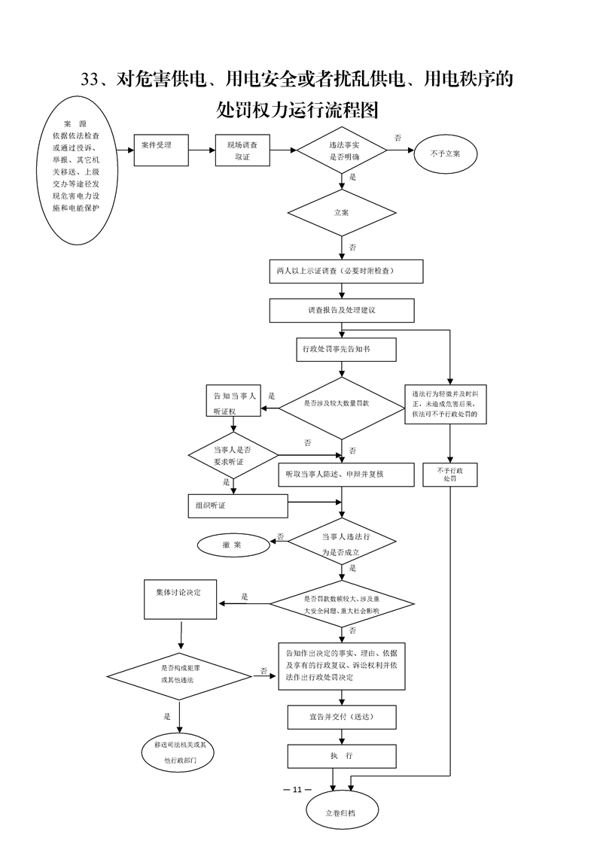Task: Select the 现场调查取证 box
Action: [242, 151]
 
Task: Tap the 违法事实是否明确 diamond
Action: [342, 151]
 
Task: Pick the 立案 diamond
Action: [342, 213]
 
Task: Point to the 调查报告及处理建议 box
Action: [342, 310]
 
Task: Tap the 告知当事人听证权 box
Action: [234, 402]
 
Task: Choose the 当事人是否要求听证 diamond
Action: [233, 454]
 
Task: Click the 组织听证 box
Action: [237, 505]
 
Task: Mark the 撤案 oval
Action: [233, 545]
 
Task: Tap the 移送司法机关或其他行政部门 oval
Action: [181, 752]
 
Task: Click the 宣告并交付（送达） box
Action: [343, 717]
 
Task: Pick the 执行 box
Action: [342, 755]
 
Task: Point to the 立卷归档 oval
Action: [343, 812]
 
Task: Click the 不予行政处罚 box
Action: [450, 475]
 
